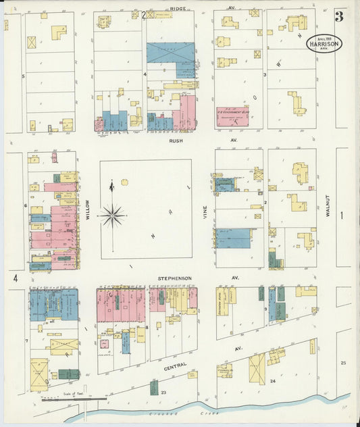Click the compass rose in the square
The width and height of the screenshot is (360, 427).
(x=111, y=216)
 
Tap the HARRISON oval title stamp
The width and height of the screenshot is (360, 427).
(x=325, y=44)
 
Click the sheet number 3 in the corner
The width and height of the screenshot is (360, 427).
(x=338, y=16)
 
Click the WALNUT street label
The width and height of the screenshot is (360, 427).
(x=326, y=205)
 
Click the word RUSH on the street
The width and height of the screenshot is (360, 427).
(x=177, y=141)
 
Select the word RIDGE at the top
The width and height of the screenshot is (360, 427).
(x=178, y=8)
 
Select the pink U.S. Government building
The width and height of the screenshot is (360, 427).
(x=232, y=116)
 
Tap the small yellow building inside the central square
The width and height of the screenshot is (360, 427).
(x=124, y=182)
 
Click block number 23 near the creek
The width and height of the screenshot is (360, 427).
(x=163, y=391)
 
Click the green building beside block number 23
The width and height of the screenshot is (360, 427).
(x=154, y=387)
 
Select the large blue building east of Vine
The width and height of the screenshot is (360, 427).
(x=232, y=238)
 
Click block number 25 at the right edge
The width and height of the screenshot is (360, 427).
(x=342, y=363)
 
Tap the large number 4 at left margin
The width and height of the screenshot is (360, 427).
(x=14, y=278)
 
